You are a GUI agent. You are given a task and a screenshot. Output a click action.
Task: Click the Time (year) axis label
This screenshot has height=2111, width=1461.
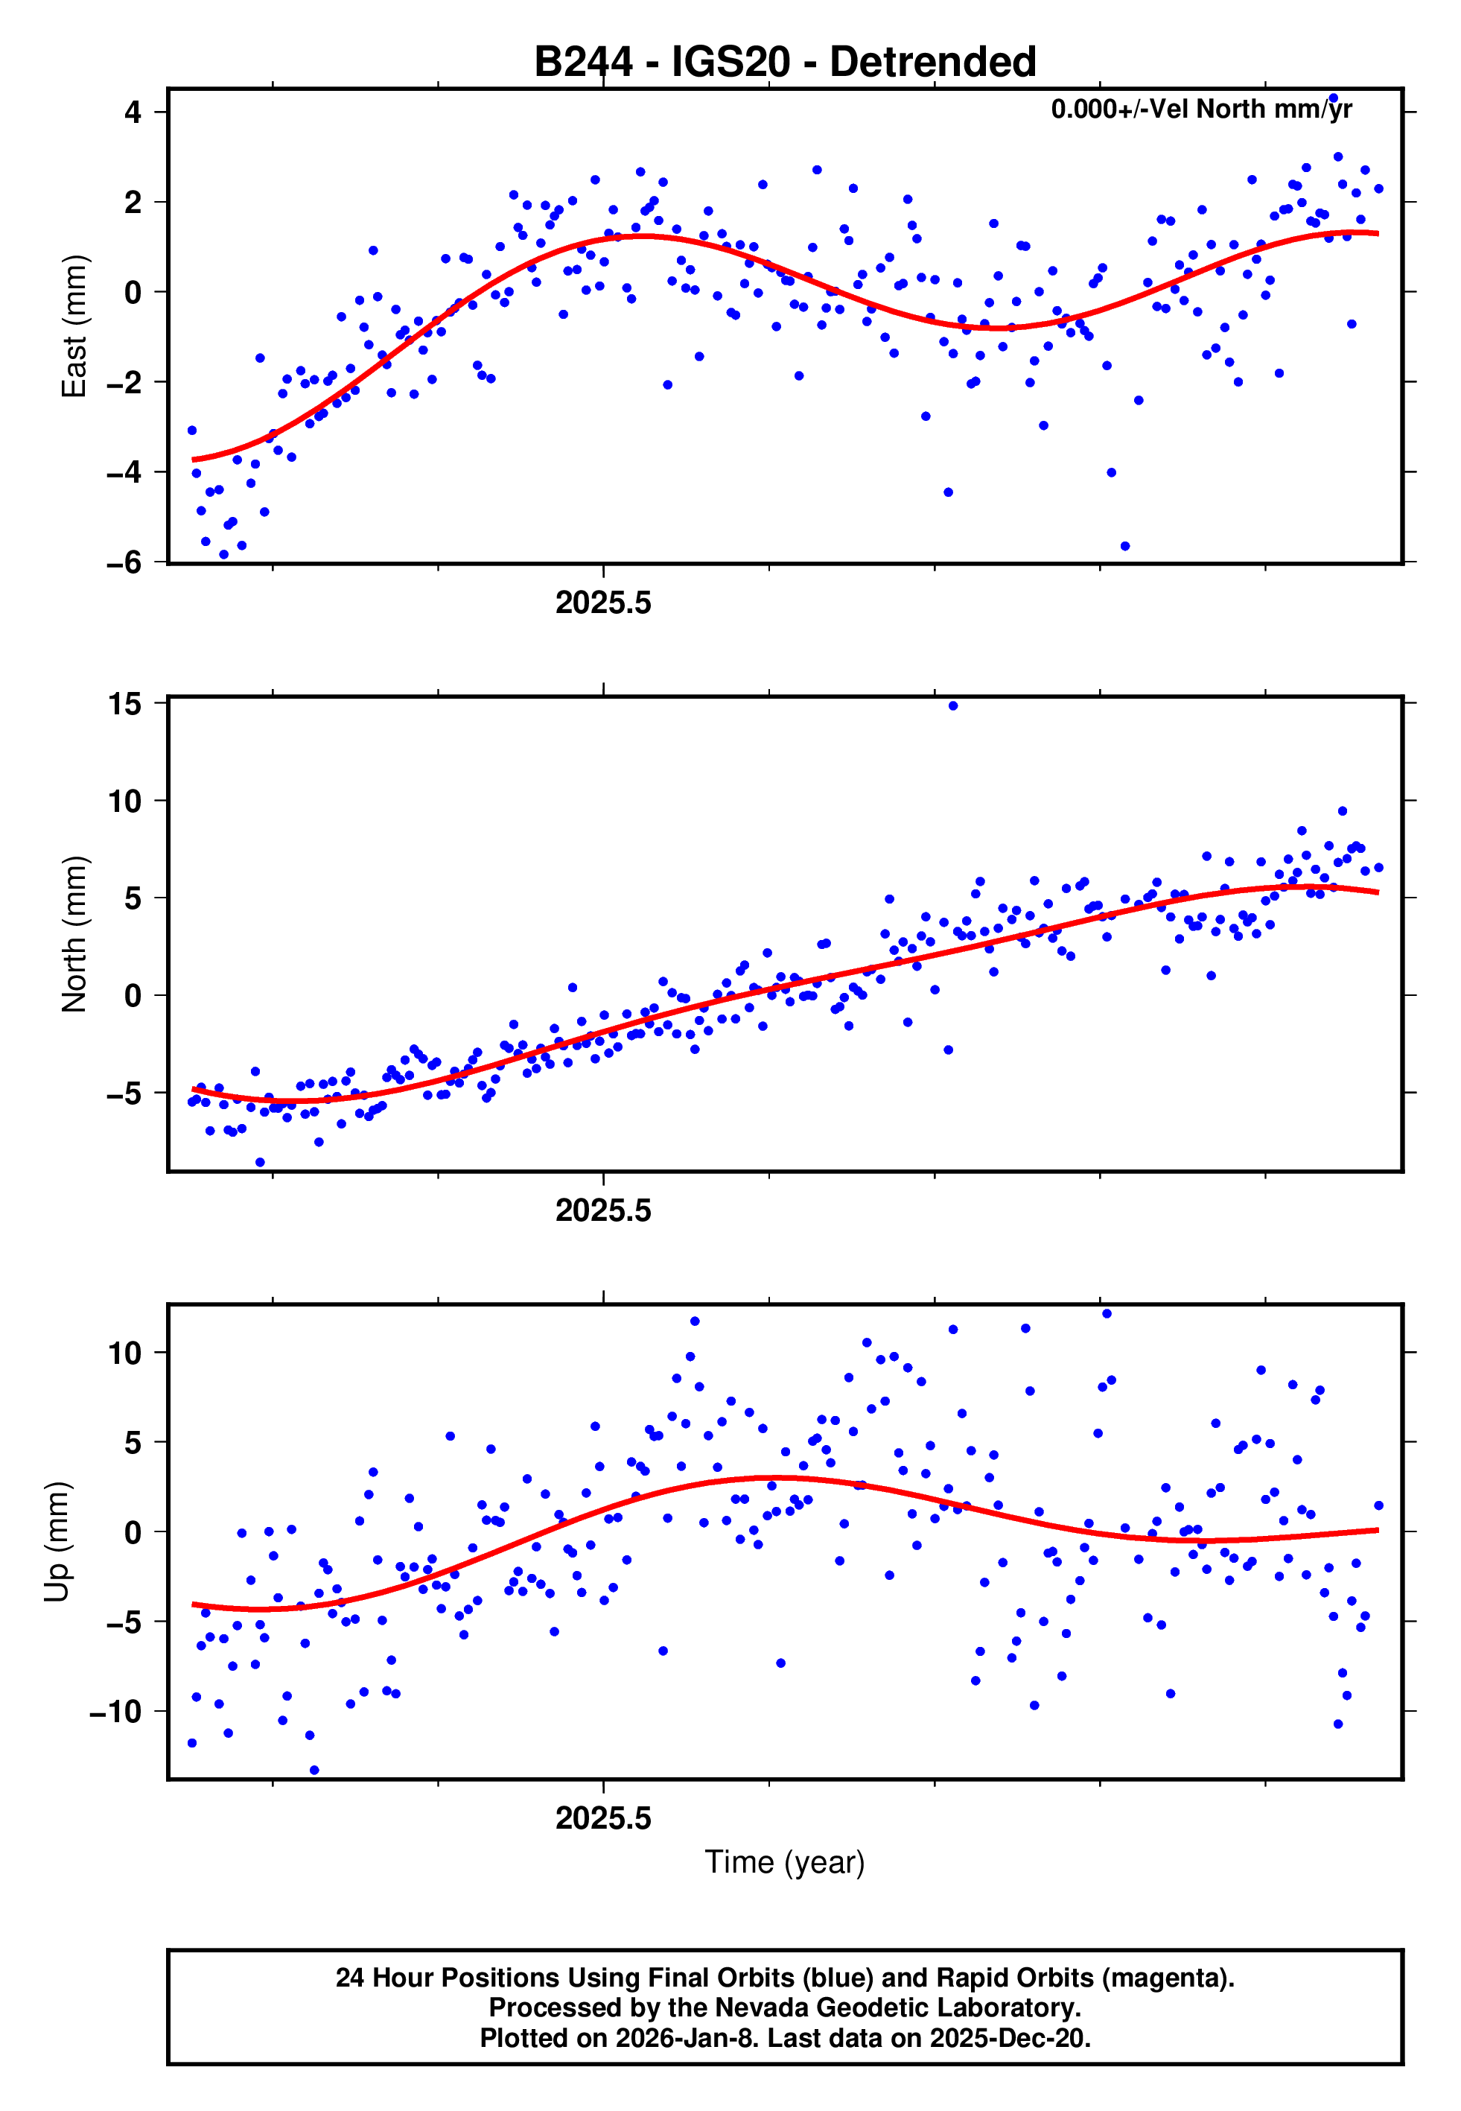coord(785,1863)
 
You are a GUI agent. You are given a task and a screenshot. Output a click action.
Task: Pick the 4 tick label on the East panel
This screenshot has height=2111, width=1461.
coord(133,112)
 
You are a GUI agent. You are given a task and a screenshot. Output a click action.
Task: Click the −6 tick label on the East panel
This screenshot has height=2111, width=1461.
coord(124,562)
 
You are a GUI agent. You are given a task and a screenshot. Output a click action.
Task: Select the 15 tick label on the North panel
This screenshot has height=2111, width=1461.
coord(124,704)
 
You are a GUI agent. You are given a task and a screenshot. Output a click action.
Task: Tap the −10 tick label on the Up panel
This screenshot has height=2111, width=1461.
coord(116,1711)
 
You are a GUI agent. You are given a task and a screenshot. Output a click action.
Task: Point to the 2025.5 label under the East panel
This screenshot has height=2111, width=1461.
coord(603,603)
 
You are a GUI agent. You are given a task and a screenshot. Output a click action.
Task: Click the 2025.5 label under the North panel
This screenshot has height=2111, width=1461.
coord(603,1211)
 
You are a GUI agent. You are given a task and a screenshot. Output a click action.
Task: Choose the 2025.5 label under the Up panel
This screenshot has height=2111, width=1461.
coord(603,1818)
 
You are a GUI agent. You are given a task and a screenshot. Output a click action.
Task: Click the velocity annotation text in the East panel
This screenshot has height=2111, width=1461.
coord(1201,109)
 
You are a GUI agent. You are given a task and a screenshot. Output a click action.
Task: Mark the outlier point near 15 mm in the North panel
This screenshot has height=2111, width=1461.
coord(953,706)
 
